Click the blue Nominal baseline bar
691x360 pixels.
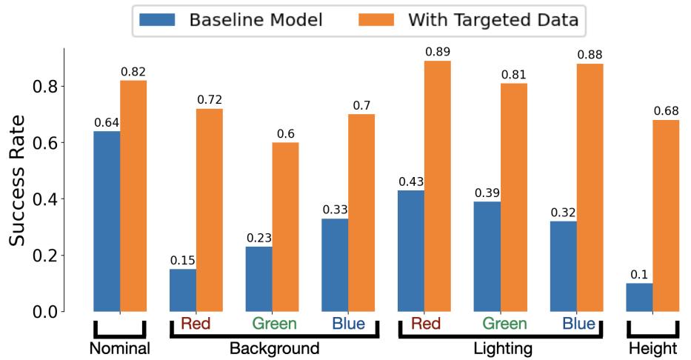pyautogui.click(x=107, y=221)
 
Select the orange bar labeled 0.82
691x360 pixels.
pyautogui.click(x=133, y=196)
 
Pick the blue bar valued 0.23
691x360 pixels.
pyautogui.click(x=258, y=279)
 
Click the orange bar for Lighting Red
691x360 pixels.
pyautogui.click(x=438, y=186)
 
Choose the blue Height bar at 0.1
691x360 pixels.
pyautogui.click(x=639, y=297)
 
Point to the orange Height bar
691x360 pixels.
pyautogui.click(x=666, y=216)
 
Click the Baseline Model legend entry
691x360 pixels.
pyautogui.click(x=229, y=20)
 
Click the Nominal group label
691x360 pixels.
pyautogui.click(x=119, y=348)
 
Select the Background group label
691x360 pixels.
pyautogui.click(x=274, y=348)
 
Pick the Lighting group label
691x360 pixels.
pyautogui.click(x=502, y=348)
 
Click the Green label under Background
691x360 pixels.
pyautogui.click(x=274, y=324)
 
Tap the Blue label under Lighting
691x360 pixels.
pyautogui.click(x=578, y=324)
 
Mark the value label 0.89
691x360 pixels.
pyautogui.click(x=438, y=52)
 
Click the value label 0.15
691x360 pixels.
pyautogui.click(x=183, y=260)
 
